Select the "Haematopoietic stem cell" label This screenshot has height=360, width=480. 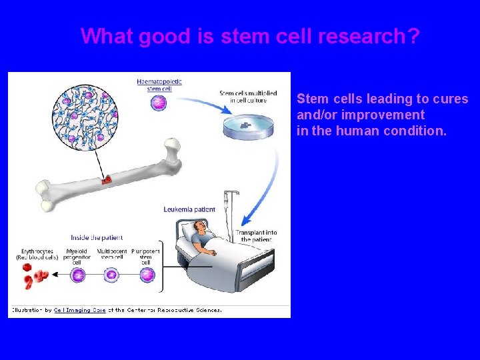159,85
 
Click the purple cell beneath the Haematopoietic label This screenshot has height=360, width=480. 159,102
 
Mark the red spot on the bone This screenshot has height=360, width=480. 105,180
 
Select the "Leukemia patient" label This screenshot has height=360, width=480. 189,209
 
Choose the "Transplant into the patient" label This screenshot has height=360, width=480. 256,236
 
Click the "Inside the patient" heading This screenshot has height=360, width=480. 97,237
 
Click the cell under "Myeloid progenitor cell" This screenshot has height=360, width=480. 78,275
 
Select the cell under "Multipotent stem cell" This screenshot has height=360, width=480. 112,275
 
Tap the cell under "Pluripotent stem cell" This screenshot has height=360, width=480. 147,275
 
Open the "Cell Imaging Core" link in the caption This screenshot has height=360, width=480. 80,309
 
